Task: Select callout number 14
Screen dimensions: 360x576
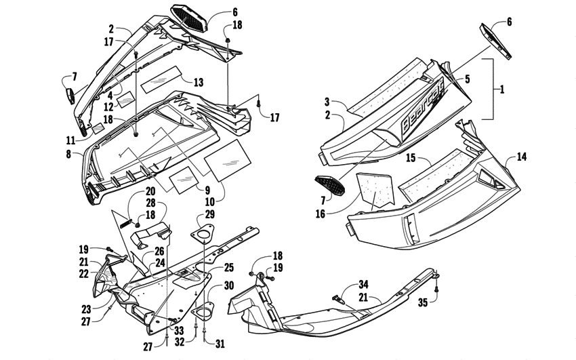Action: (x=521, y=156)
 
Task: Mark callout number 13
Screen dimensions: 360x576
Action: (x=198, y=82)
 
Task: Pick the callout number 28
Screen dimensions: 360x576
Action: (x=150, y=203)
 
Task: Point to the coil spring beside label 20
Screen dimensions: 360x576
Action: (x=127, y=218)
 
